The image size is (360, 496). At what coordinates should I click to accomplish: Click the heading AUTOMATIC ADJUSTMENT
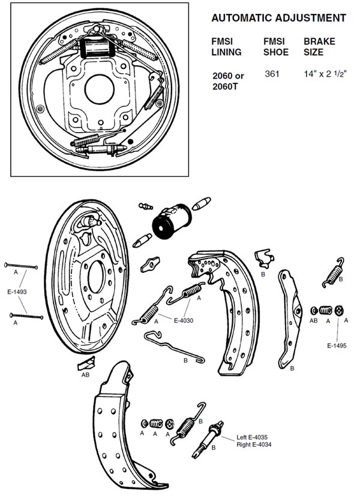point(278,18)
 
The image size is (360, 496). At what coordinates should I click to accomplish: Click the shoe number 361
point(272,74)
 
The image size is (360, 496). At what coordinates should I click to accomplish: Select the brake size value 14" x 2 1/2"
point(325,74)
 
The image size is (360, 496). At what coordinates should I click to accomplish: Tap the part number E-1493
point(17,291)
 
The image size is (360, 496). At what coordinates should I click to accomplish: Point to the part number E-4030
point(184,320)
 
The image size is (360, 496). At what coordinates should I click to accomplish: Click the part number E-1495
point(337,345)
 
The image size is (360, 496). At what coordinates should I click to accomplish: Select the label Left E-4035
point(252,437)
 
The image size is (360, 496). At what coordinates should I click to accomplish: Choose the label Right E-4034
point(254,444)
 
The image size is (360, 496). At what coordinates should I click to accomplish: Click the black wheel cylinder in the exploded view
point(172,221)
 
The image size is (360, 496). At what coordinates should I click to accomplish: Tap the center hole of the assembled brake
point(100,89)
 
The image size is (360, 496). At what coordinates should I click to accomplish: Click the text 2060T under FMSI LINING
point(225,86)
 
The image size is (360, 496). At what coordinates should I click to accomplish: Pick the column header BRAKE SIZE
point(319,47)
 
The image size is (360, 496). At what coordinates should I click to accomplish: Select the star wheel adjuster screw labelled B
point(208,439)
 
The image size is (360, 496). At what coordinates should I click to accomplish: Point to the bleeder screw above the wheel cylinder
point(146,206)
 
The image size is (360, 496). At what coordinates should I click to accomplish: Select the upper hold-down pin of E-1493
point(21,266)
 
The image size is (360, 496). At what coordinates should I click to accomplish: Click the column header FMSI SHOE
point(276,47)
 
